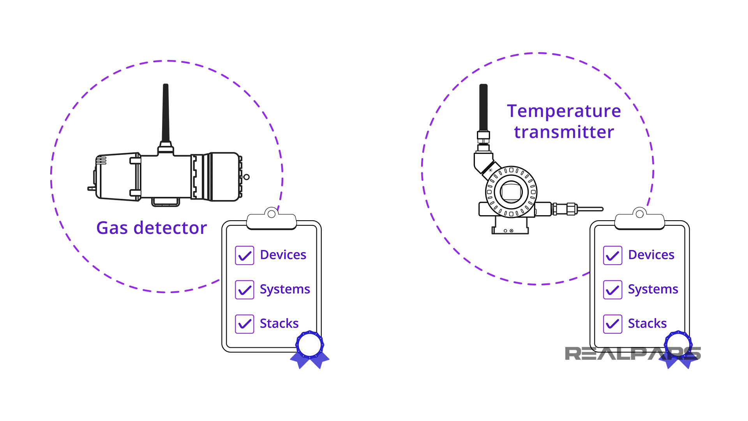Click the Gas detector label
click(x=152, y=228)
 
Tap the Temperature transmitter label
click(x=564, y=121)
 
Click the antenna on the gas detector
click(x=166, y=113)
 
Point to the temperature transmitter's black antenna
click(x=483, y=107)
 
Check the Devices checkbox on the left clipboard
click(x=245, y=255)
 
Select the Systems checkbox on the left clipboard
click(x=245, y=290)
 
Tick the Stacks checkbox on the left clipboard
click(x=245, y=324)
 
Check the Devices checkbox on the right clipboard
click(x=613, y=255)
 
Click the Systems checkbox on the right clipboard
click(x=613, y=290)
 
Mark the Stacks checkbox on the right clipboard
click(x=613, y=324)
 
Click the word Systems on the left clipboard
click(x=285, y=289)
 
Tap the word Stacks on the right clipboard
click(x=647, y=324)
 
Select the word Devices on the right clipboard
click(x=651, y=255)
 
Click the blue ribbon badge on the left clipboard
click(x=310, y=347)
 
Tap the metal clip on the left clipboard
click(x=272, y=221)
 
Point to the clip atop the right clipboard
click(x=640, y=221)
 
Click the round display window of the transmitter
click(x=511, y=192)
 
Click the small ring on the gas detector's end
click(x=247, y=177)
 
